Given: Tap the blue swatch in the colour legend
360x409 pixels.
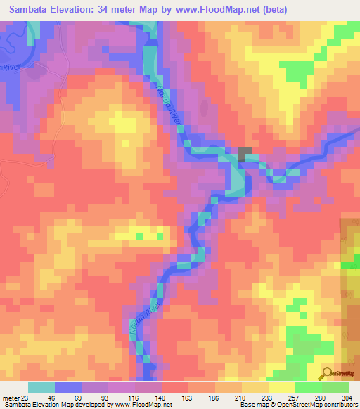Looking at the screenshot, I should [69, 387].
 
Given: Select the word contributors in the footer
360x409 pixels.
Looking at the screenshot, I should [337, 405].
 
